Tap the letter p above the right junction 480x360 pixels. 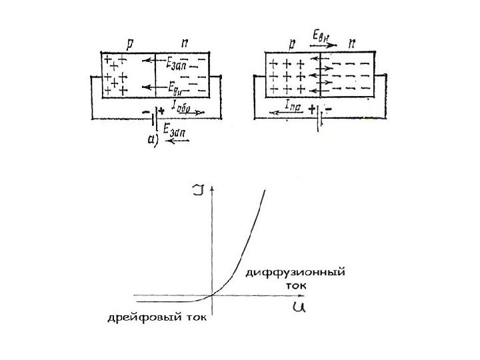click(292, 43)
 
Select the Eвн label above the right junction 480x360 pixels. click(321, 34)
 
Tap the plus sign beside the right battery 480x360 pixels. click(312, 107)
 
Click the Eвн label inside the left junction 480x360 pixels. click(177, 87)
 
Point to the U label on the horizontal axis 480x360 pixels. click(298, 307)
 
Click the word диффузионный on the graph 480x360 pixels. click(297, 273)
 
